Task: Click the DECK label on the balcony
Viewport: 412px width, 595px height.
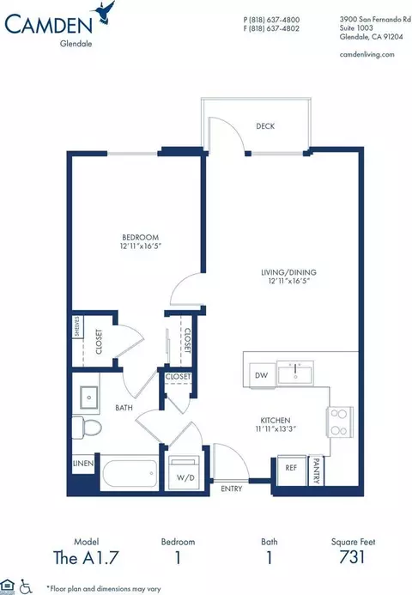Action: (x=265, y=125)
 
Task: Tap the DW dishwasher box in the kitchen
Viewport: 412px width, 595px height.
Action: (x=260, y=375)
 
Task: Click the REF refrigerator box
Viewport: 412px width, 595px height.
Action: (x=290, y=470)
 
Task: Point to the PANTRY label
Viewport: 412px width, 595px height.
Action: (x=316, y=470)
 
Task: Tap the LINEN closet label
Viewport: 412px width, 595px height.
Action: (x=82, y=464)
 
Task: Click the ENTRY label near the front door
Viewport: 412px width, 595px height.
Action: (x=232, y=489)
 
